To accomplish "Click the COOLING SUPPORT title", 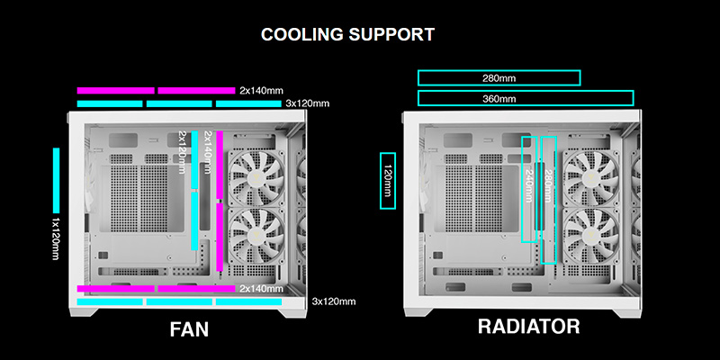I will point(347,35).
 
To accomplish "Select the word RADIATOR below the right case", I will point(528,326).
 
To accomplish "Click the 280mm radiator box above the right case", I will point(499,78).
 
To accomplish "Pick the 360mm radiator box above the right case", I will point(526,98).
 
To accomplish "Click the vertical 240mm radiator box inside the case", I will point(529,189).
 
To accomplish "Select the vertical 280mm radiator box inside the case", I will point(549,200).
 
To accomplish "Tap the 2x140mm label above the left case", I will point(261,90).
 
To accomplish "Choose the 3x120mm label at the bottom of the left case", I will point(333,301).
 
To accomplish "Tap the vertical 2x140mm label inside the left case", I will point(209,155).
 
